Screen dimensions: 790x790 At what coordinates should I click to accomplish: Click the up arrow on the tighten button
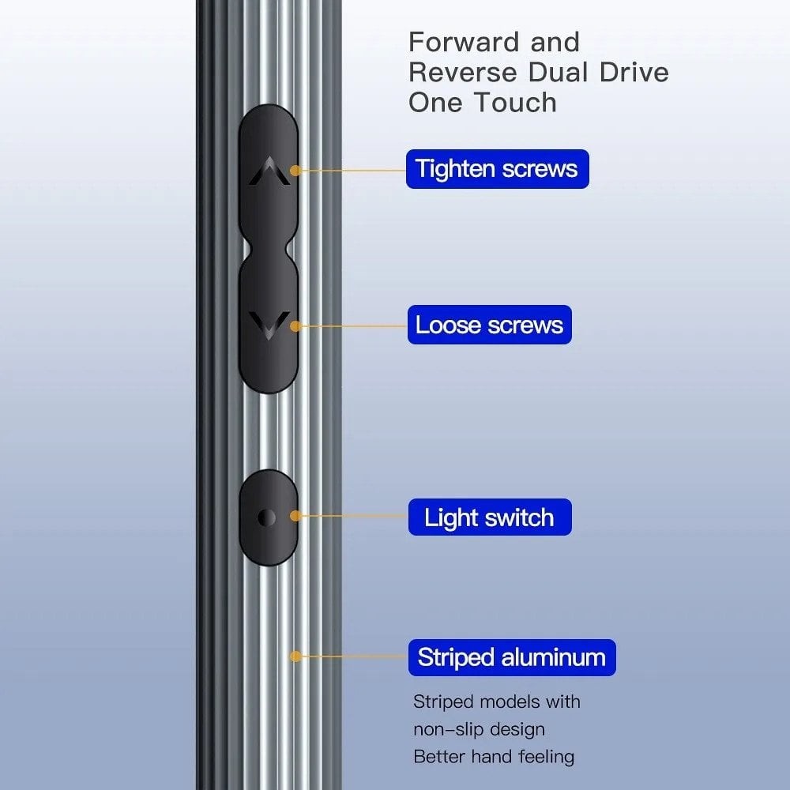[269, 171]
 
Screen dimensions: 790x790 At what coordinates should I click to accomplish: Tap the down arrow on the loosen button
[269, 325]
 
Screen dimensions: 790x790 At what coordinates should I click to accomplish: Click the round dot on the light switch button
[266, 517]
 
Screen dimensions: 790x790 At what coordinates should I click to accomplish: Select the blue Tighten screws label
[497, 169]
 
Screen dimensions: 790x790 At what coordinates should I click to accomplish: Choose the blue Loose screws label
[490, 325]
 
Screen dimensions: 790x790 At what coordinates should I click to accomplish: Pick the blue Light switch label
[490, 517]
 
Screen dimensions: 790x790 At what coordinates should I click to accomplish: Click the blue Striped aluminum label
[512, 657]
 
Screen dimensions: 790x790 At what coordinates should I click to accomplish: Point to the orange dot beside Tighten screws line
[295, 171]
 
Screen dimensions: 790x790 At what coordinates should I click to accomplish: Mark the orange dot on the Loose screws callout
[295, 326]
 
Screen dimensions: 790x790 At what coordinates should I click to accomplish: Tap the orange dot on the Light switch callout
[295, 516]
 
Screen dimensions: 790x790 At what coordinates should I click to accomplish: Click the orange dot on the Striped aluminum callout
[295, 656]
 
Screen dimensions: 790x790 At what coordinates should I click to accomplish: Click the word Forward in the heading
[464, 42]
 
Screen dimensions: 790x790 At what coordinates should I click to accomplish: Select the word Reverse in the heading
[463, 73]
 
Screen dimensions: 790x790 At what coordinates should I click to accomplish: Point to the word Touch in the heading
[516, 102]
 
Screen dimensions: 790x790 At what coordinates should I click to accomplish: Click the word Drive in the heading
[634, 73]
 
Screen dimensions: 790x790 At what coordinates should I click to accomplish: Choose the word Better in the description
[438, 757]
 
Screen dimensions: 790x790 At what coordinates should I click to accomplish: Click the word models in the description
[510, 702]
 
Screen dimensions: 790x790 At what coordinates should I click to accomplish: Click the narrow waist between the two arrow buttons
[269, 249]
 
